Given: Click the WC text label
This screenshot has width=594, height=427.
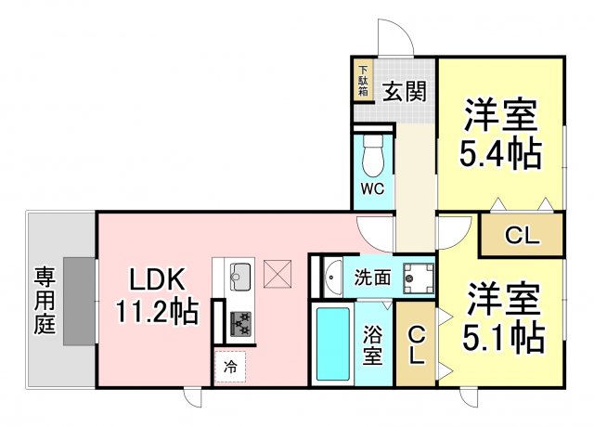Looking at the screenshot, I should pyautogui.click(x=373, y=189).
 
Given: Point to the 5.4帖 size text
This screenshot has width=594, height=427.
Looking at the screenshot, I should pyautogui.click(x=499, y=152).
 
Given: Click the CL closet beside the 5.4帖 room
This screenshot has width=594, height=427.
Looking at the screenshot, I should pyautogui.click(x=522, y=236).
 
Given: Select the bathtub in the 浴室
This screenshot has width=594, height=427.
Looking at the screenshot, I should pyautogui.click(x=331, y=342).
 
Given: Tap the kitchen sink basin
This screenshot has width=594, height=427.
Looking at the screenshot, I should pyautogui.click(x=239, y=275).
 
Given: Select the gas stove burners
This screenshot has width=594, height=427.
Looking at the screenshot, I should pyautogui.click(x=240, y=322).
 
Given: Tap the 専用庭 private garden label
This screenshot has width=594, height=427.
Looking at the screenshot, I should pyautogui.click(x=45, y=300).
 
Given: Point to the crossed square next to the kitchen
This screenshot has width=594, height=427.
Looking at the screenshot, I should pyautogui.click(x=277, y=275).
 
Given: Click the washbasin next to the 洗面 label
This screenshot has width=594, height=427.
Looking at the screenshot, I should pyautogui.click(x=331, y=276).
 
